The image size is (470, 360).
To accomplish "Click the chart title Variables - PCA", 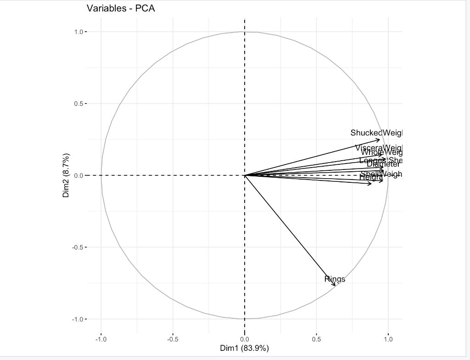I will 121,8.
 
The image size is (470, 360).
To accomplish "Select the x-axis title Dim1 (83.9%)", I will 245,348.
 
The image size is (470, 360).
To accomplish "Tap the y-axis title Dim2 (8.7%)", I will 66,175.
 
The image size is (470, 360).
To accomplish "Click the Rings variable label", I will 335,279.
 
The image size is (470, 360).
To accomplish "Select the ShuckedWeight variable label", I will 376,133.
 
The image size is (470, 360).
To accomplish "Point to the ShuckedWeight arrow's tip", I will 380,140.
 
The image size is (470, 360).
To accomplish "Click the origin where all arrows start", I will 245,175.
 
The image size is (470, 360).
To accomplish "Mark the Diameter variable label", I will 384,164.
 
